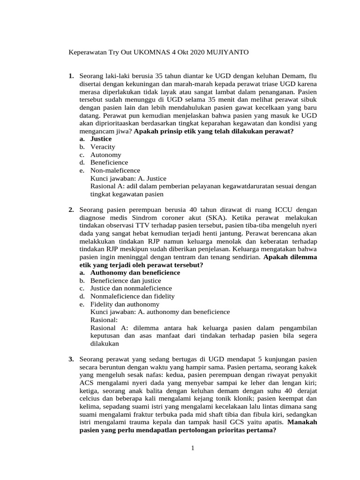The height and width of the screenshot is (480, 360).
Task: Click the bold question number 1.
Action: (x=71, y=75)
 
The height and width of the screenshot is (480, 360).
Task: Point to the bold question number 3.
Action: (x=71, y=360)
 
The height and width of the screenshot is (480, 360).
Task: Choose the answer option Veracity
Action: (x=103, y=147)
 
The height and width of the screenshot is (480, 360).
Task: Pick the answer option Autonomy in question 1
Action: (x=105, y=155)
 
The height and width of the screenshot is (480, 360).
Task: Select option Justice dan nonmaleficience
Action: (x=131, y=288)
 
